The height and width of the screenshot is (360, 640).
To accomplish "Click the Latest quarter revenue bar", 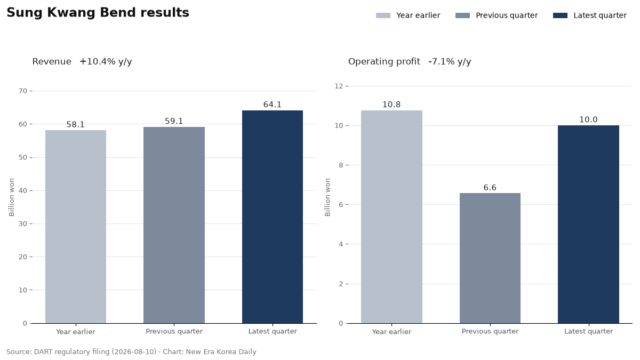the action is [273, 217].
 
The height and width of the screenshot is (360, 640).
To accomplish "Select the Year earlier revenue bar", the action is [76, 227].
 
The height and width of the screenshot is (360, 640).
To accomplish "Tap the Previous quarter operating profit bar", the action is [490, 258].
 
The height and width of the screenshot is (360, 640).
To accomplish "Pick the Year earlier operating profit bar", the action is [391, 217].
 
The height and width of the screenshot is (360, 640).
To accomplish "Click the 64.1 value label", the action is [273, 105].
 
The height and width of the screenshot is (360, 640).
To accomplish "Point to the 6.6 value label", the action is [490, 187].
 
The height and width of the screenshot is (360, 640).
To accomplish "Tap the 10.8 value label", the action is [391, 105].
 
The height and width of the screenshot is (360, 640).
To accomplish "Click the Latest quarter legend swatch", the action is [560, 15].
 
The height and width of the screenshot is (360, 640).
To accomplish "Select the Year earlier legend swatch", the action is [383, 15].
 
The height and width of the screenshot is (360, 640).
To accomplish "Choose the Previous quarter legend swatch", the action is [462, 15].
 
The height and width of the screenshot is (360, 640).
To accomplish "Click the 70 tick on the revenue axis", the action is [23, 91].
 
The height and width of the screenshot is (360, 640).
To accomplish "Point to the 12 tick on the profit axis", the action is [339, 86].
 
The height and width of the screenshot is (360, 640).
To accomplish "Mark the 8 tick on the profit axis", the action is [341, 165].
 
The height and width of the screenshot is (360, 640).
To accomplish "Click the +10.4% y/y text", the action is [106, 61].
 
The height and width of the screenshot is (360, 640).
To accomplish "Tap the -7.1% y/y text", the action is [450, 61].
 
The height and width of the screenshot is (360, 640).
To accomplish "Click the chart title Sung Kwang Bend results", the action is [98, 13].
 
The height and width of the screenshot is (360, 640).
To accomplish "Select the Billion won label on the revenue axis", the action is [11, 197].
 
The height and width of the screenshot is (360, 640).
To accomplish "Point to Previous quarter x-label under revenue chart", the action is [174, 331].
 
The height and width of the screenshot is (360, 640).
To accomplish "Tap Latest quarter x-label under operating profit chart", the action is [589, 331].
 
